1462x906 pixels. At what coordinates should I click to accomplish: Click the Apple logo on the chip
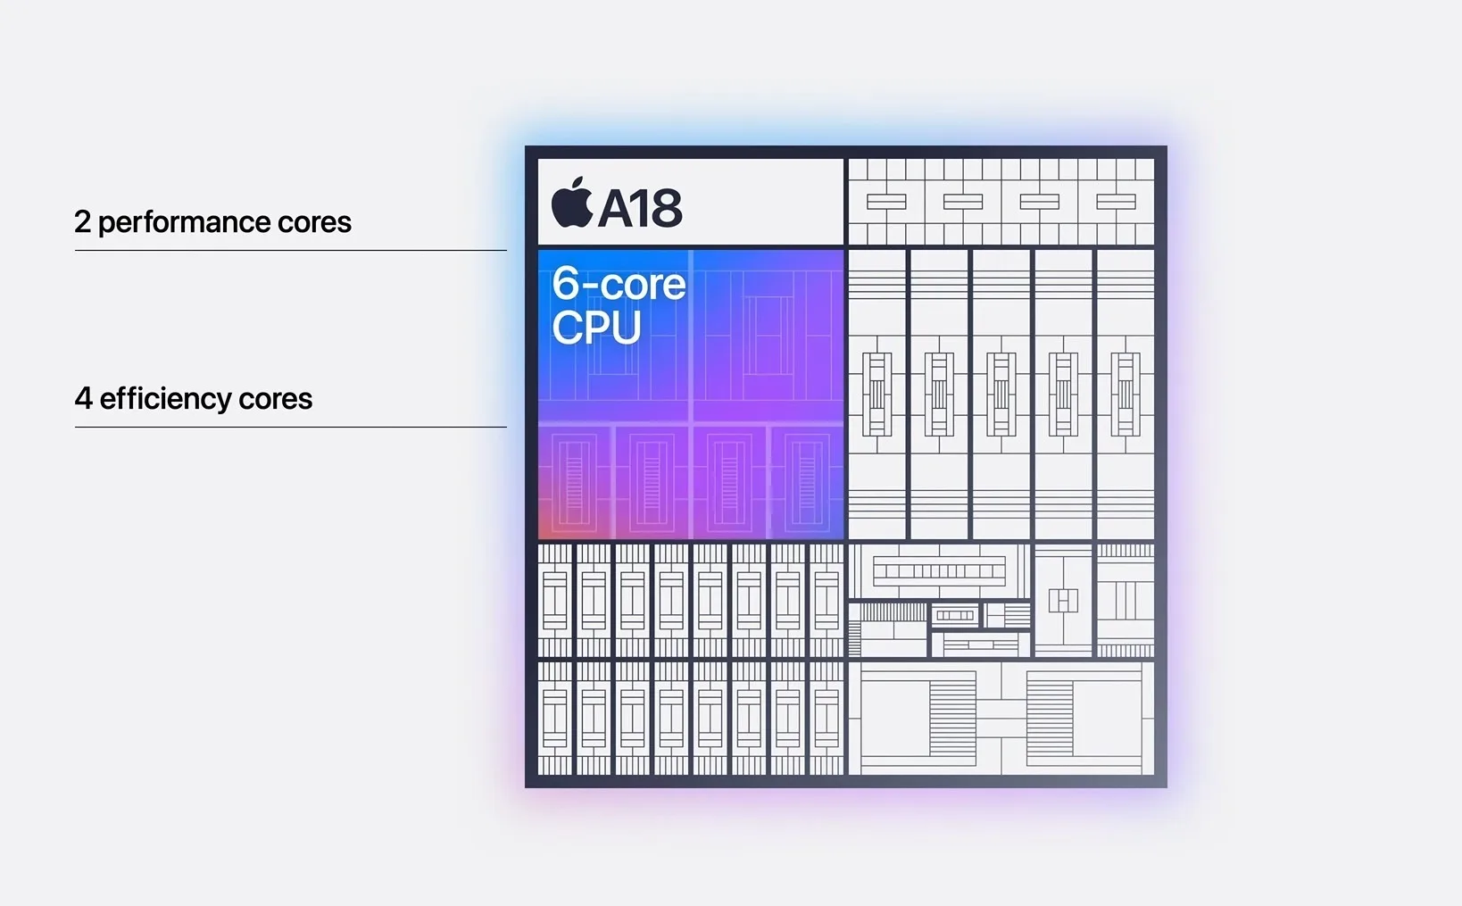tap(572, 204)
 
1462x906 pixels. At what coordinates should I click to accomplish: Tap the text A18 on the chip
tap(640, 208)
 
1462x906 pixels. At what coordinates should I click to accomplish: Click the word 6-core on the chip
tap(619, 284)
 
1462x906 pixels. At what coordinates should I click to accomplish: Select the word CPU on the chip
tap(596, 327)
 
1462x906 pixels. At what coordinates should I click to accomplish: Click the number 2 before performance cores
tap(82, 222)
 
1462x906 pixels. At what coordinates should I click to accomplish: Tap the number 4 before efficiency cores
tap(83, 399)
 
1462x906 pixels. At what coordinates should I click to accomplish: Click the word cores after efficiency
tap(275, 399)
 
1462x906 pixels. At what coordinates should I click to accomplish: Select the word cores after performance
tap(314, 222)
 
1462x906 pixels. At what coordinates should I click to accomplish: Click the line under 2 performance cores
tap(290, 251)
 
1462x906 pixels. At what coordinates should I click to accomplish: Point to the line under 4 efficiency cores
tap(290, 428)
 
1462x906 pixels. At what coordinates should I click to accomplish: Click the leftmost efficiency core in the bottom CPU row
tap(575, 482)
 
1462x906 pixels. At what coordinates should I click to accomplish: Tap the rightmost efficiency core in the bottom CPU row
tap(807, 482)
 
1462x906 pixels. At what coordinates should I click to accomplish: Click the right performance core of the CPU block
tap(768, 336)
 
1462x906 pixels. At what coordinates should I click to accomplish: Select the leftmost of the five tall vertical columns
tap(876, 394)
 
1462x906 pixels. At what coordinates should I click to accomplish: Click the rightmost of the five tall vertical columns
tap(1125, 394)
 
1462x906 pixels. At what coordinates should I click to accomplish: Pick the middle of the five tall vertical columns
tap(1001, 394)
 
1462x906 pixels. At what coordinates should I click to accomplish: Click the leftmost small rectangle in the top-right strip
tap(886, 202)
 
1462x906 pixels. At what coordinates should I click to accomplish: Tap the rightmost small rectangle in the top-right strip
tap(1116, 202)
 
